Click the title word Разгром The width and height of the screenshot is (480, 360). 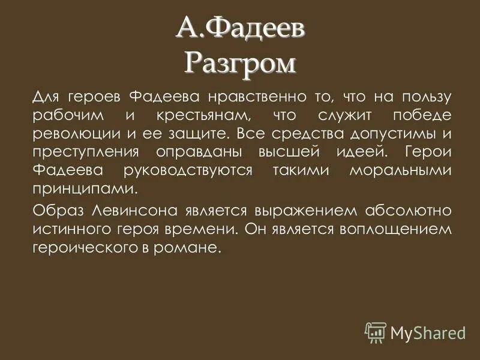tap(241, 62)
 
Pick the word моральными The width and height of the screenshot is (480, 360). tap(400, 171)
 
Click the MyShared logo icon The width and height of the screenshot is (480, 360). tap(376, 331)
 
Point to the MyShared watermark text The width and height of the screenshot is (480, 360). tap(428, 332)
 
